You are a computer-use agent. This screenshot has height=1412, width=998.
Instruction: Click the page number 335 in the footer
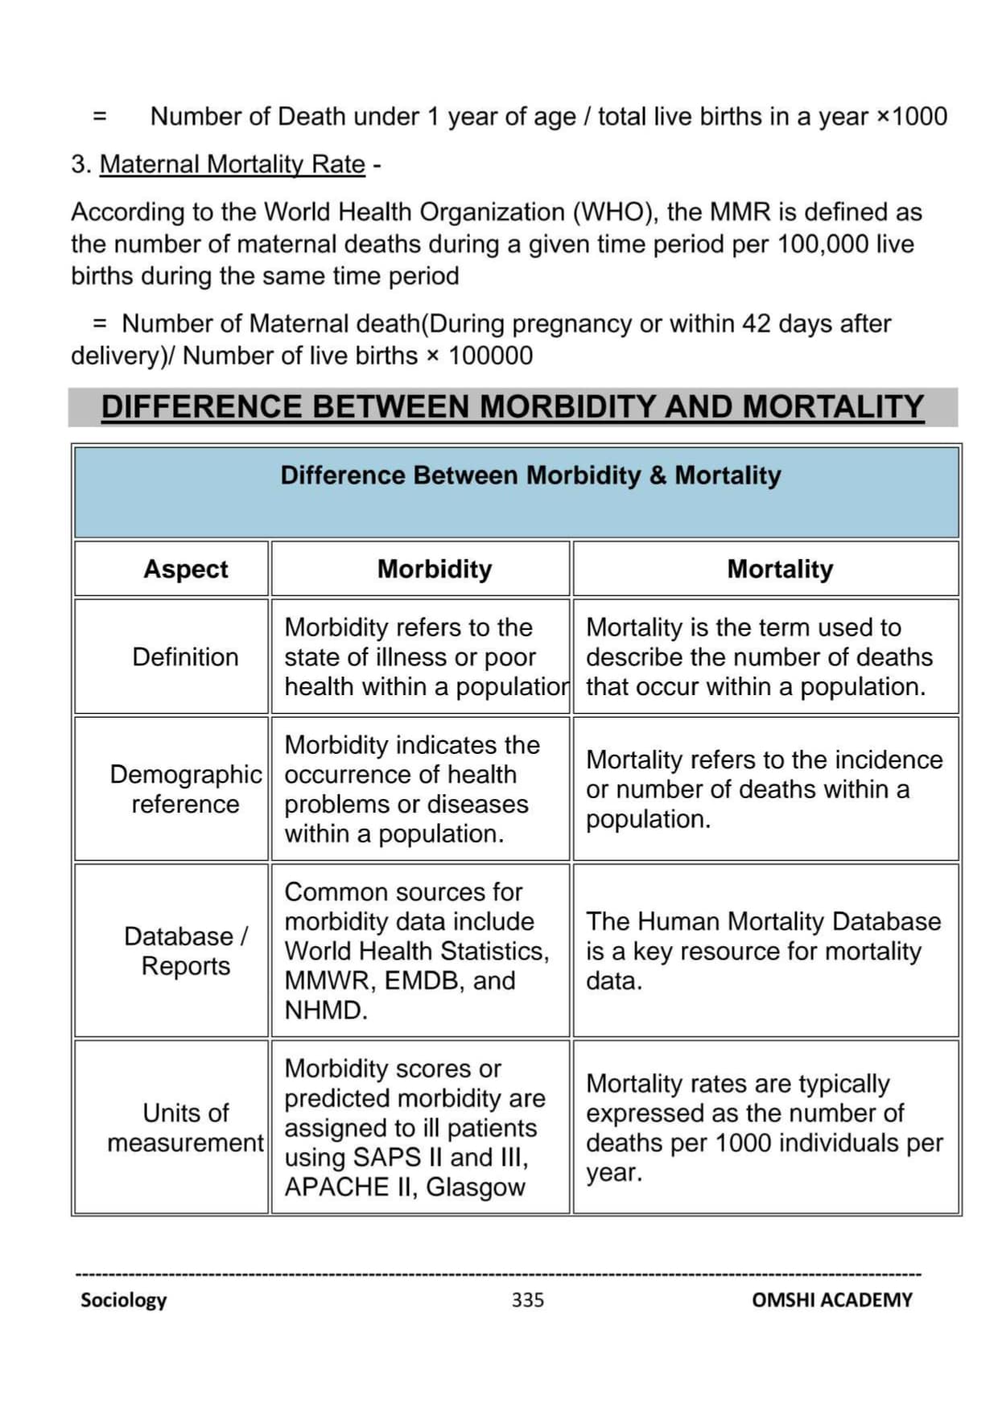pyautogui.click(x=527, y=1299)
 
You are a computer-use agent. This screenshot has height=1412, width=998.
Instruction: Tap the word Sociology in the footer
pyautogui.click(x=123, y=1299)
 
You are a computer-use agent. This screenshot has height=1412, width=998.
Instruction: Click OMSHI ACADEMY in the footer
pyautogui.click(x=831, y=1299)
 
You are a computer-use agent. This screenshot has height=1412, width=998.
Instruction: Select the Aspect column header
pyautogui.click(x=185, y=569)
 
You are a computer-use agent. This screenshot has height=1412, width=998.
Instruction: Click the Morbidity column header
pyautogui.click(x=434, y=569)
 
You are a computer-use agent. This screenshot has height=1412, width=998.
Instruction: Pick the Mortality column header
pyautogui.click(x=780, y=569)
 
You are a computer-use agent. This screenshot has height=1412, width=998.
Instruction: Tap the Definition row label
pyautogui.click(x=185, y=657)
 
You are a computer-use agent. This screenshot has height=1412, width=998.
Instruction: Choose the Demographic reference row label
pyautogui.click(x=185, y=788)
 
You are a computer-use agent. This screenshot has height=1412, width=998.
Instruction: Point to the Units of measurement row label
pyautogui.click(x=185, y=1126)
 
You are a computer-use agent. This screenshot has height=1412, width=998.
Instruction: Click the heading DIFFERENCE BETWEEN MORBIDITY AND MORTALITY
pyautogui.click(x=512, y=406)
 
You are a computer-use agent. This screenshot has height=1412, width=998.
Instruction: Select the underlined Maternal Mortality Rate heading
pyautogui.click(x=232, y=164)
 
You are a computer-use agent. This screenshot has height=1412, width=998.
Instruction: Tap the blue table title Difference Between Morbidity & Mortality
pyautogui.click(x=530, y=475)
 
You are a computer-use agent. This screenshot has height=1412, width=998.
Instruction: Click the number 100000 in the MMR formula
pyautogui.click(x=490, y=356)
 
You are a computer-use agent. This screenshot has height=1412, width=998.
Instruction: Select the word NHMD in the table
pyautogui.click(x=324, y=1010)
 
